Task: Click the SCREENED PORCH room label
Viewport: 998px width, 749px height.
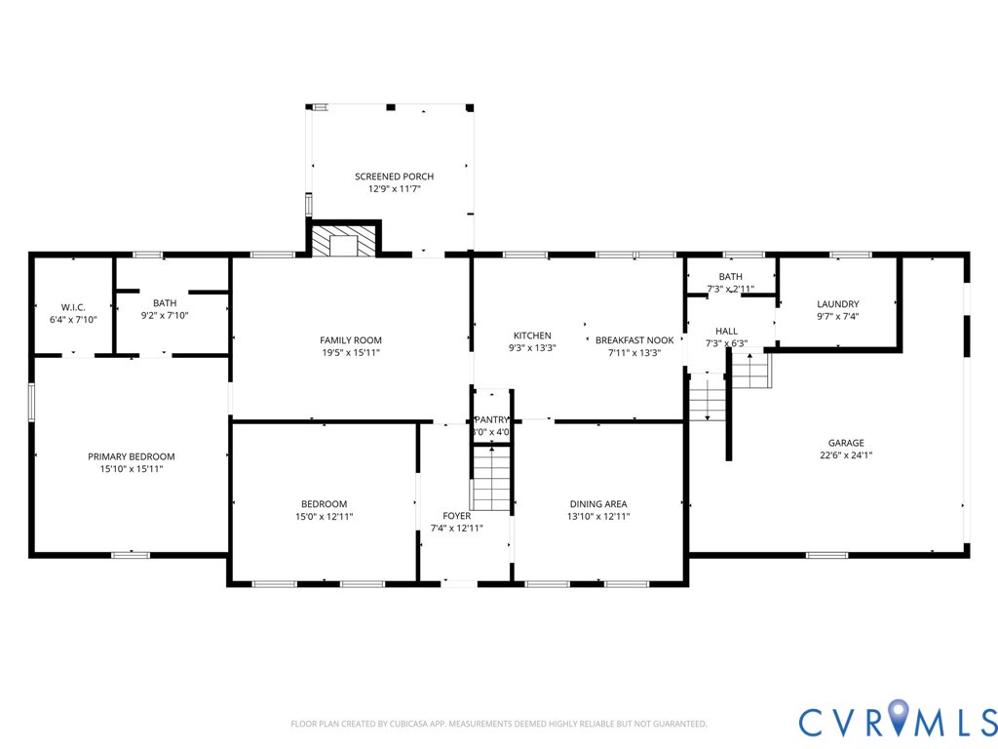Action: [394, 177]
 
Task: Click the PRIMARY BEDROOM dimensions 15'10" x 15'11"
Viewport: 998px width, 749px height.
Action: [131, 469]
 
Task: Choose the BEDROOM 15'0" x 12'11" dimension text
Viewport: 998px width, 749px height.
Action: [324, 517]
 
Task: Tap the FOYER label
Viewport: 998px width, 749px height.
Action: [456, 516]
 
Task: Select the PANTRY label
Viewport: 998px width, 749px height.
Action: [492, 419]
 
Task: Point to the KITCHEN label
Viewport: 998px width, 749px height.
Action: [532, 335]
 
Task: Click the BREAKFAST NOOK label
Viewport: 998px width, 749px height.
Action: [634, 340]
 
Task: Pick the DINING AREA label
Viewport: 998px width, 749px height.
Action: [598, 504]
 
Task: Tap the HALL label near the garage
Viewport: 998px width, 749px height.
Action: [726, 331]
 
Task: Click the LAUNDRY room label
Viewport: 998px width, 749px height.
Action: [837, 304]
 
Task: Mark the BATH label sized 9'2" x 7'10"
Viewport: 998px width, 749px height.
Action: [164, 302]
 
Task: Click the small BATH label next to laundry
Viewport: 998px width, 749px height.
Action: [730, 277]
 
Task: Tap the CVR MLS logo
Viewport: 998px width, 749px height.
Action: [898, 721]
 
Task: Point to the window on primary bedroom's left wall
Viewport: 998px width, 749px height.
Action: [31, 402]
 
